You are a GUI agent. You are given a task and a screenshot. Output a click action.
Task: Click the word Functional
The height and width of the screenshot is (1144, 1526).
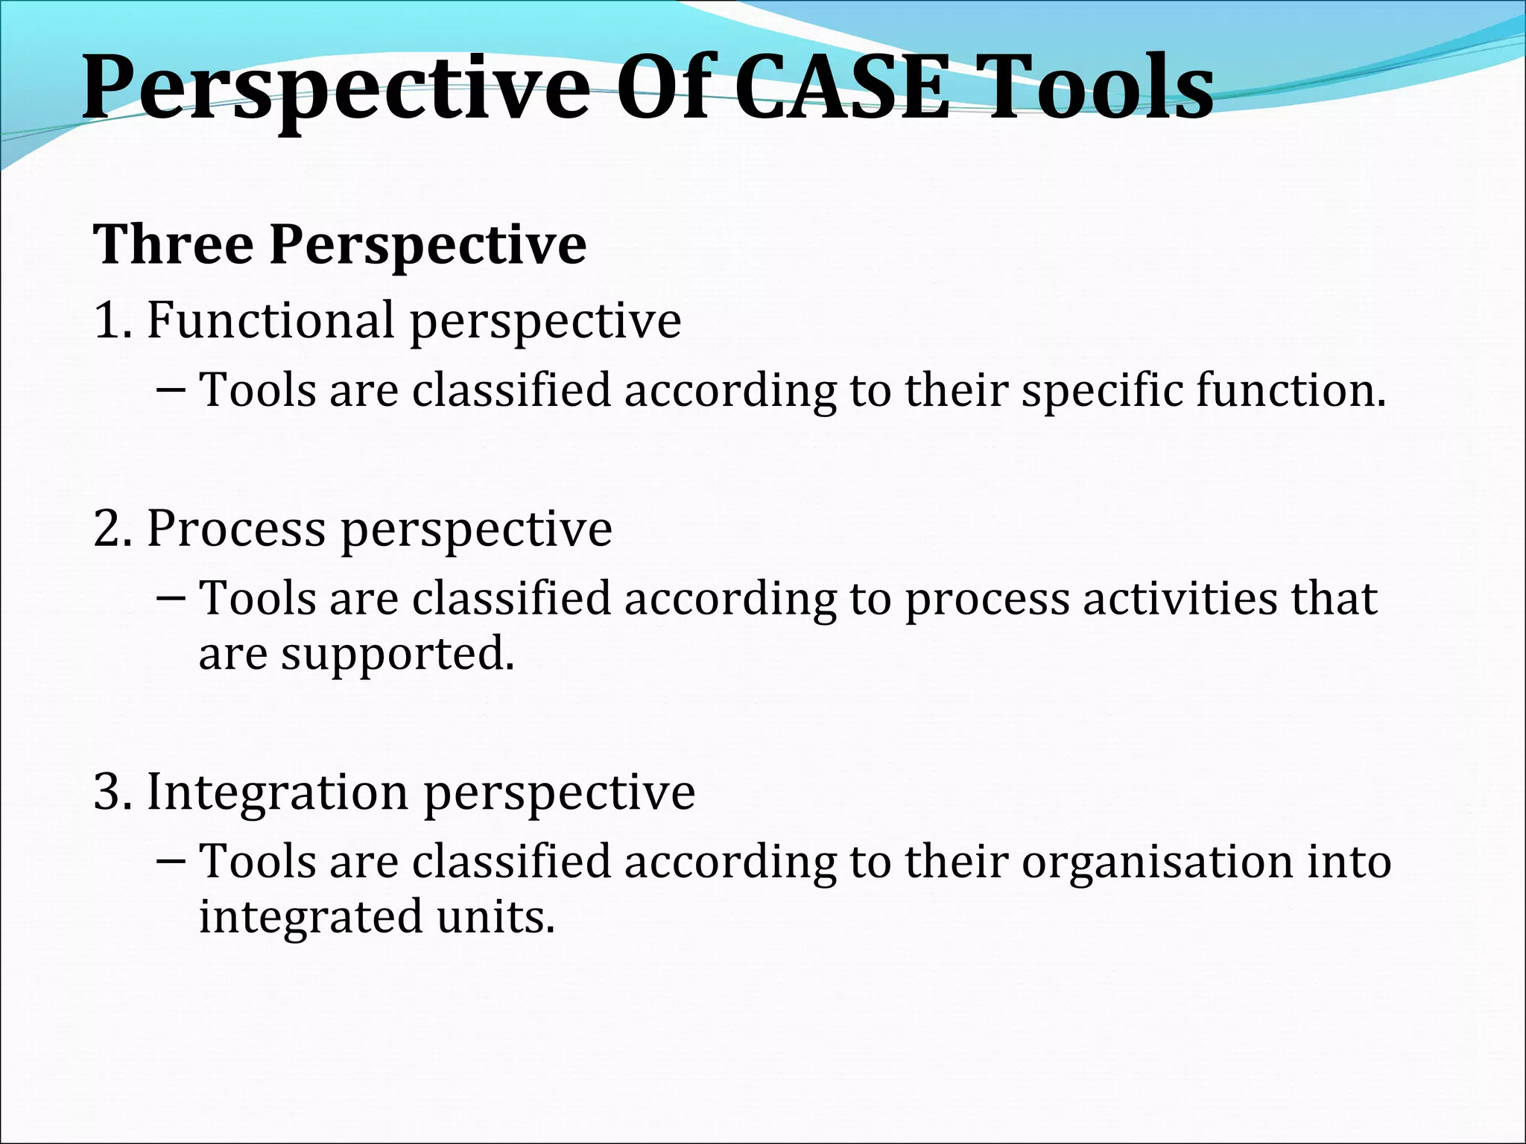270,321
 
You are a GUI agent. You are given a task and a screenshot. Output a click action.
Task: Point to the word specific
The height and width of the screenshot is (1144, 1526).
1101,391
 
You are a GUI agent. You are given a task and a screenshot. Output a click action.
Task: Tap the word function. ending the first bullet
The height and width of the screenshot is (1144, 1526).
1291,390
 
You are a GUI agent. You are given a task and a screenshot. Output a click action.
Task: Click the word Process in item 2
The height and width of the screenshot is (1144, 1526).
235,530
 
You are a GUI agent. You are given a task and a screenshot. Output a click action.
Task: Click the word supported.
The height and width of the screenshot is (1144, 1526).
397,655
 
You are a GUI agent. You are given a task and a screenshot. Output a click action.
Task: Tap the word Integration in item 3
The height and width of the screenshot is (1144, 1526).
277,792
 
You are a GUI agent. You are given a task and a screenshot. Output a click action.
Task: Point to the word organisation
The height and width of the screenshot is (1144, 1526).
1157,862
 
